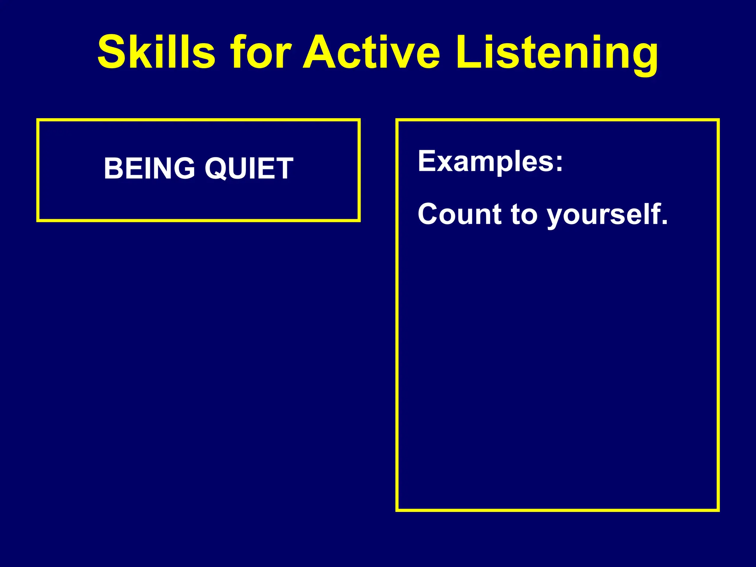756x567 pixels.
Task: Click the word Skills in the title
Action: coord(156,52)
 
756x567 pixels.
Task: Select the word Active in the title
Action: coord(371,52)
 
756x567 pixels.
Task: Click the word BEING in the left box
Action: coord(150,168)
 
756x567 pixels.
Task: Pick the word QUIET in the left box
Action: coord(249,168)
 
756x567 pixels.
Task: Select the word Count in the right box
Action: coord(460,214)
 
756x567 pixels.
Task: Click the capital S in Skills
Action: coord(111,52)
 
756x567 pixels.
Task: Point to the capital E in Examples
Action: coord(427,161)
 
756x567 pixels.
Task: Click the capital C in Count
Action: coord(428,214)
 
